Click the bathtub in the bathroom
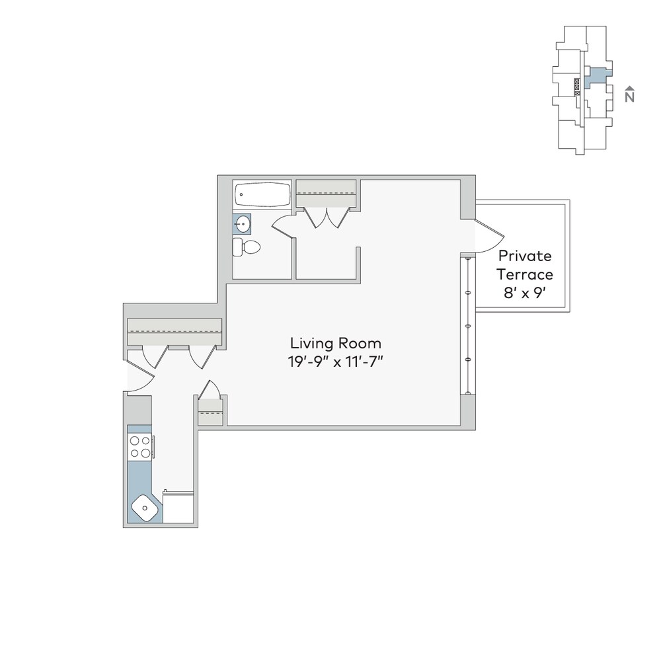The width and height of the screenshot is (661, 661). [x=262, y=194]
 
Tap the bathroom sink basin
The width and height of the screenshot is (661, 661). [x=243, y=224]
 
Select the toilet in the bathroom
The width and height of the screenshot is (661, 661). [x=246, y=247]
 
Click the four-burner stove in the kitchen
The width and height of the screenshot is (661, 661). [x=140, y=447]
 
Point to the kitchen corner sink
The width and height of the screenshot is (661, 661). [x=145, y=508]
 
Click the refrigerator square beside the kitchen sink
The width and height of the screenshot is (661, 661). [x=178, y=508]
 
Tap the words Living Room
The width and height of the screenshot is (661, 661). [x=336, y=343]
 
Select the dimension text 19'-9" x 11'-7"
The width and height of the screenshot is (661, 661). [x=336, y=362]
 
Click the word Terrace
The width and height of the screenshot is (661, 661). [x=525, y=274]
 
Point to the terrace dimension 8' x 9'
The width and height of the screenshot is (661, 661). [x=525, y=293]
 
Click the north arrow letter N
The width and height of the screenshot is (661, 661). [x=629, y=97]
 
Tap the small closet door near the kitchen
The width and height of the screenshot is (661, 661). [x=210, y=389]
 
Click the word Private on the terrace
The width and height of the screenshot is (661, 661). [x=525, y=256]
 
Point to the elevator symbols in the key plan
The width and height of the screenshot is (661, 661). [x=577, y=87]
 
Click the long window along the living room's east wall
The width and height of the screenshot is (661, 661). [x=467, y=325]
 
